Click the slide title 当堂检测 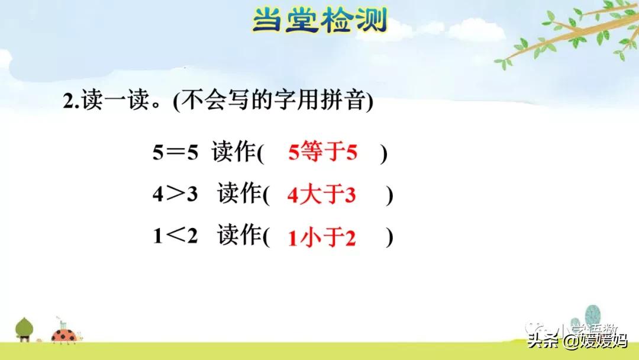(319, 20)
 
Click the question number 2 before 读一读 (67, 102)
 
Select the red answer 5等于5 (323, 154)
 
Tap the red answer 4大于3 (321, 195)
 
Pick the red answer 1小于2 (321, 237)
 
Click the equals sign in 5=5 (175, 155)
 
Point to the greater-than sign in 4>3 (175, 195)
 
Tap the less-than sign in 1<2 (175, 237)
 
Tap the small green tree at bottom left (24, 329)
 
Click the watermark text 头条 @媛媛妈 (577, 340)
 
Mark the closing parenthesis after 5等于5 (384, 155)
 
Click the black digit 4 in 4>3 (157, 195)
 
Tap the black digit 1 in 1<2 (157, 237)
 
